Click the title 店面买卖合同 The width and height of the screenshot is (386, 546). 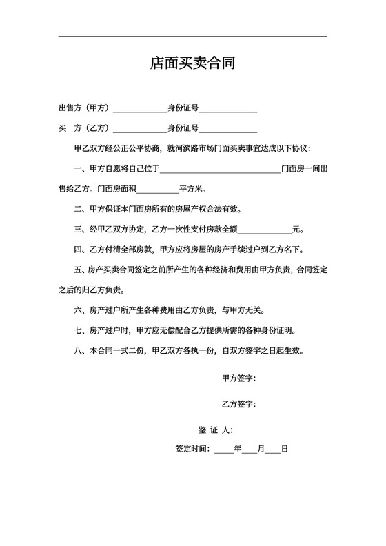[x=193, y=64]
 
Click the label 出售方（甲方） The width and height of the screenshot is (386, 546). [x=84, y=108]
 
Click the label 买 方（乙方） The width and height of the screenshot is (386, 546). [x=84, y=128]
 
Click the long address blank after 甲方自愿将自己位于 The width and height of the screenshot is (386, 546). [x=221, y=169]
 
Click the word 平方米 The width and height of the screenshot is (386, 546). [x=192, y=188]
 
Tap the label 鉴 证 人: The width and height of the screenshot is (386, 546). [x=215, y=429]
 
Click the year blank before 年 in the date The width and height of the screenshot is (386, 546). [x=224, y=449]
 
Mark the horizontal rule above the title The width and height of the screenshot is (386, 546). [x=193, y=37]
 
